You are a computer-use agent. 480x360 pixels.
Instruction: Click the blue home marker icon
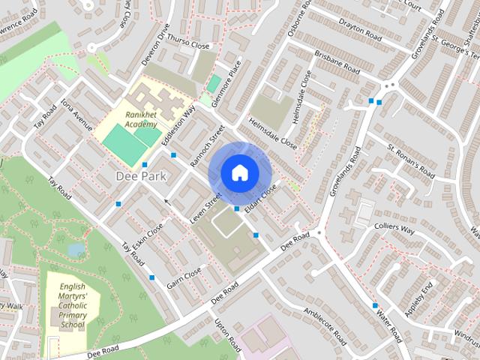pyautogui.click(x=239, y=172)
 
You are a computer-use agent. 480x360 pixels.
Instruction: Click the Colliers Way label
pyautogui.click(x=393, y=228)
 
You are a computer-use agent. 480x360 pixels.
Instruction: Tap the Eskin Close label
pyautogui.click(x=148, y=236)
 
